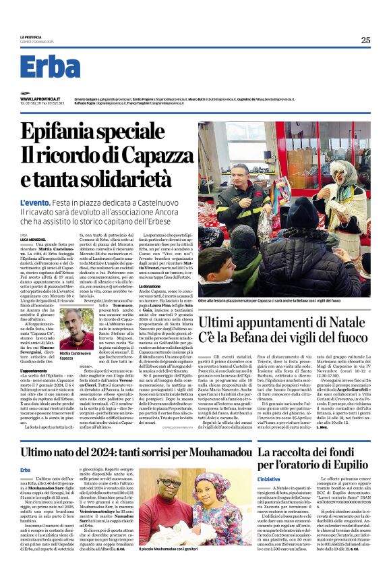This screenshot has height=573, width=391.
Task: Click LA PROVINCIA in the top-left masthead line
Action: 31,37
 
